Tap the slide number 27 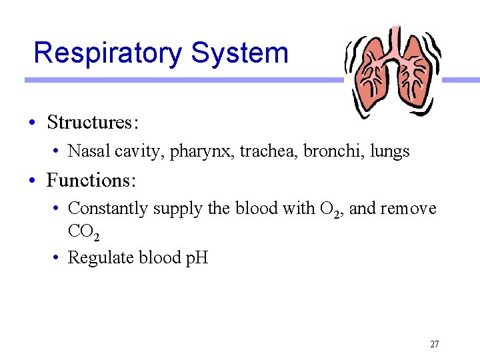[435, 345]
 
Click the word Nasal [89, 151]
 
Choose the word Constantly [108, 209]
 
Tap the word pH [196, 257]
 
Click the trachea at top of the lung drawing [395, 40]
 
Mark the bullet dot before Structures [32, 123]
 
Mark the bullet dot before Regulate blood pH [59, 257]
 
